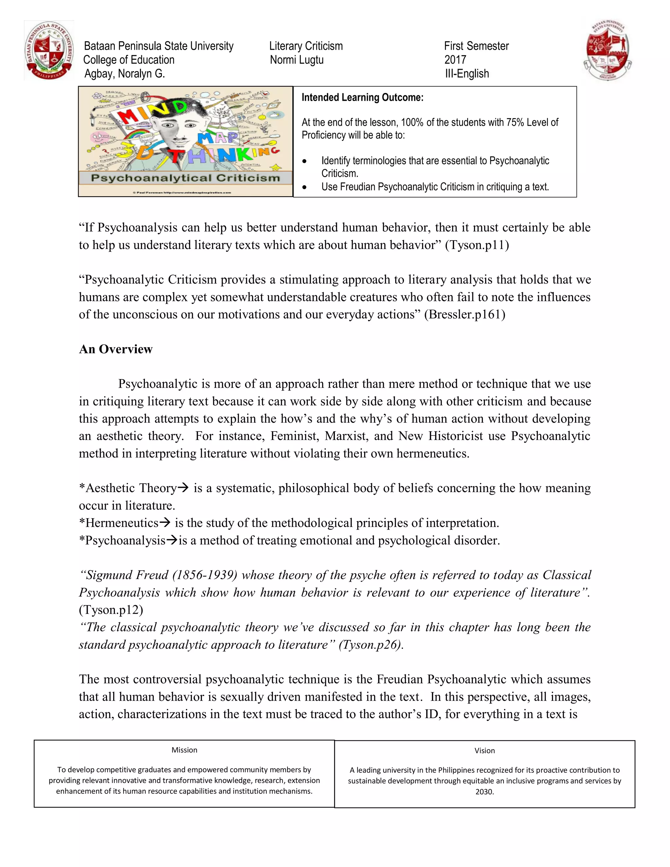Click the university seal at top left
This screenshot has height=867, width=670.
[x=49, y=51]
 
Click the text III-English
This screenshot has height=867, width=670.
[x=467, y=74]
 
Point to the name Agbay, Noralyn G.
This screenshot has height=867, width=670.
[x=124, y=74]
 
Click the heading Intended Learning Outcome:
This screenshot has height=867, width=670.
[x=362, y=97]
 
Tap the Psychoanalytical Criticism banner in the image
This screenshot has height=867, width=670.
[x=185, y=178]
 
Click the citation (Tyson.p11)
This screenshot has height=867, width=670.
[x=477, y=245]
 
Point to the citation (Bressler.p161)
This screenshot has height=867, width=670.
[x=465, y=314]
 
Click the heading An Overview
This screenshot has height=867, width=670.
[x=115, y=349]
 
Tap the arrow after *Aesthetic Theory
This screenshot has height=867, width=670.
[x=183, y=487]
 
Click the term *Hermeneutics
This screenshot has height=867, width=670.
[x=119, y=523]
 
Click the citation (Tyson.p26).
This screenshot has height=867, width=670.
[x=371, y=645]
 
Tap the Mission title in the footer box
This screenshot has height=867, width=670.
[x=184, y=750]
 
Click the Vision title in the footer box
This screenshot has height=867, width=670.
[x=484, y=751]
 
